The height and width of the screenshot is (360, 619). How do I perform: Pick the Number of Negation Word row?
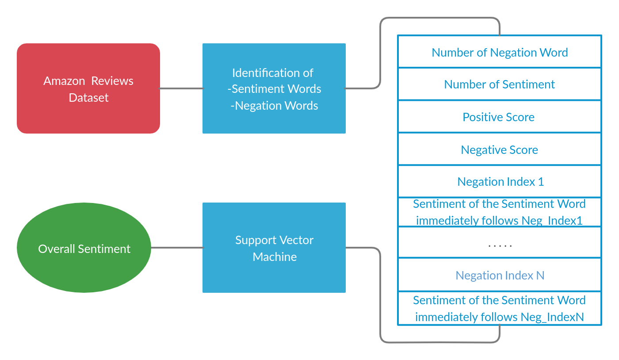tap(500, 52)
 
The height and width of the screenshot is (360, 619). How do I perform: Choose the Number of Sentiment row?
tap(500, 84)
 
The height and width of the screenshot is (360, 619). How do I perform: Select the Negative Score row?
tap(500, 150)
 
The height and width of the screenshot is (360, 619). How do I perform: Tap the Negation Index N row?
tap(500, 276)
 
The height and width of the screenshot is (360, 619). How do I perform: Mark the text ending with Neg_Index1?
tap(500, 212)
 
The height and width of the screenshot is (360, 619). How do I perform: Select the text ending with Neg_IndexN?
tap(500, 309)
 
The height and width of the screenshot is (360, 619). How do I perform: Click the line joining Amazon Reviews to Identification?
tap(181, 88)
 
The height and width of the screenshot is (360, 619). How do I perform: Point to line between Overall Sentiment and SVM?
tap(177, 248)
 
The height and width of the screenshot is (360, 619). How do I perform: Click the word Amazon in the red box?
tap(64, 81)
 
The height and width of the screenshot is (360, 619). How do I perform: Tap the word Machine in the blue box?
tap(275, 257)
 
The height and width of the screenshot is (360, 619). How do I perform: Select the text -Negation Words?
tap(274, 106)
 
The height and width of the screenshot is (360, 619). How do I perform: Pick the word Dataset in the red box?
tap(88, 98)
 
